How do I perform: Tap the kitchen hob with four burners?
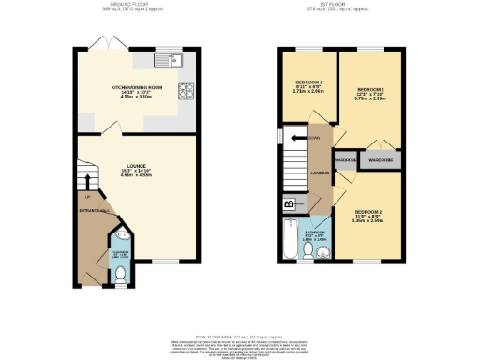point(187,92)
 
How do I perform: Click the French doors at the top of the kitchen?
point(107,44)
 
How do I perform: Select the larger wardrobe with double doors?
point(380,160)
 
